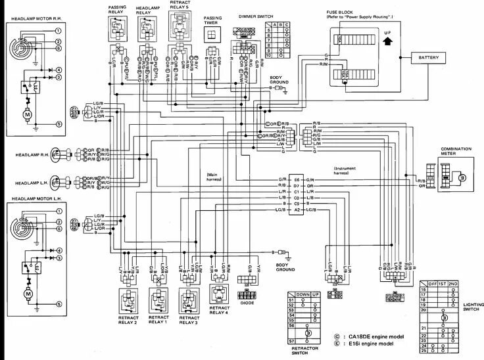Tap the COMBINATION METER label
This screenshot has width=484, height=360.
coord(456,152)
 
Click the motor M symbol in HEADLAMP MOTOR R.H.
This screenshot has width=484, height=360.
coord(27,116)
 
